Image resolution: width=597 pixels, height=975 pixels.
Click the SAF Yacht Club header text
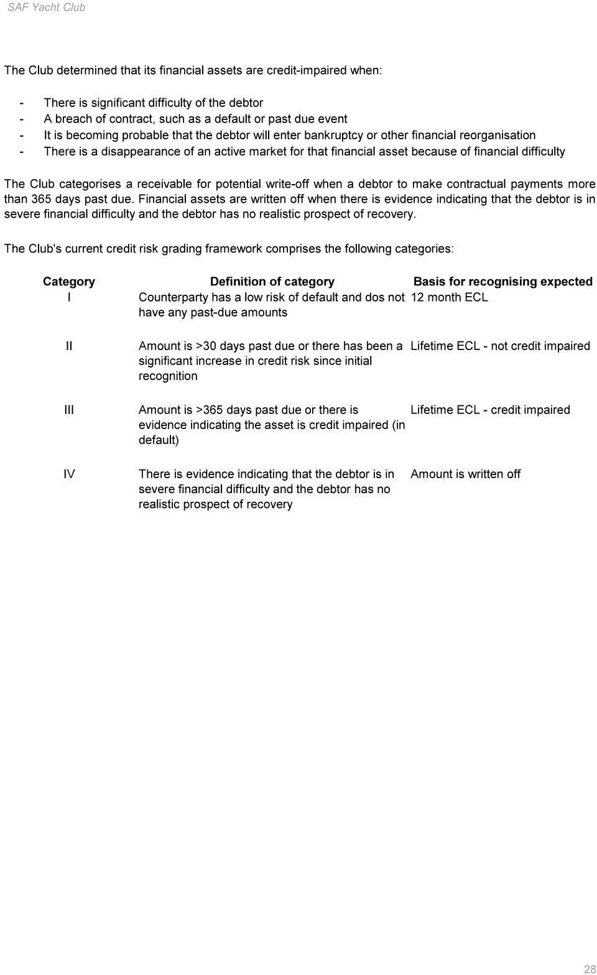pos(46,7)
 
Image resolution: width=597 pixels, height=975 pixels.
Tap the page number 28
pos(589,969)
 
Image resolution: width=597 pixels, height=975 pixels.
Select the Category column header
pos(68,281)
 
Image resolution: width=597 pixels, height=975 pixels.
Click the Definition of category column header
pos(272,281)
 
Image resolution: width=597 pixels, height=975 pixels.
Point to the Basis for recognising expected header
pos(502,281)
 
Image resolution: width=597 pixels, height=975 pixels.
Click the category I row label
pos(68,297)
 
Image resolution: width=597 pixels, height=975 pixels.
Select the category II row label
pos(68,346)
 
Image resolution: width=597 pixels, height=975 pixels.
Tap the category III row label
pos(68,410)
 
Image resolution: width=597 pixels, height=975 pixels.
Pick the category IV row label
pos(68,474)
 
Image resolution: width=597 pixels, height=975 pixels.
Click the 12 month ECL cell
pos(449,297)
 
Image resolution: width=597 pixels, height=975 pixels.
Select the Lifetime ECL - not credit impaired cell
pos(500,346)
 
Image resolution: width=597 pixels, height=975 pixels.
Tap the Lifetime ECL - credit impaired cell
pos(490,410)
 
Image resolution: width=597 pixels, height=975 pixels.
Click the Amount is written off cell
pos(465,474)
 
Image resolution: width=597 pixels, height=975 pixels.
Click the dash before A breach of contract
pos(22,119)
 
